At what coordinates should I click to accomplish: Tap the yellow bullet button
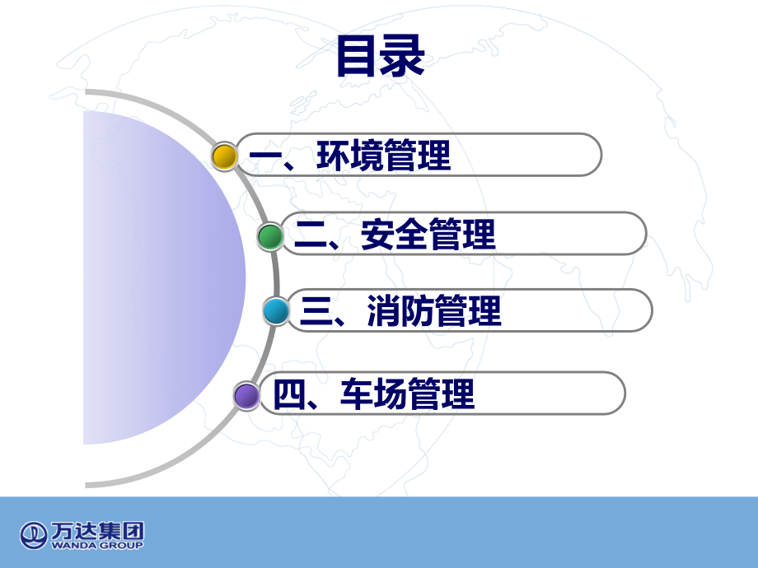[224, 156]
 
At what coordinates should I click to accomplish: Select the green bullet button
[269, 236]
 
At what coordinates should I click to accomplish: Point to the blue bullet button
[277, 311]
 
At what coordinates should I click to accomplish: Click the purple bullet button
[246, 396]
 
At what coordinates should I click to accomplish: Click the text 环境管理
[384, 156]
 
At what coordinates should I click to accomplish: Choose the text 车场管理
[408, 395]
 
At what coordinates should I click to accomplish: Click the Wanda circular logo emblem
[34, 534]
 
